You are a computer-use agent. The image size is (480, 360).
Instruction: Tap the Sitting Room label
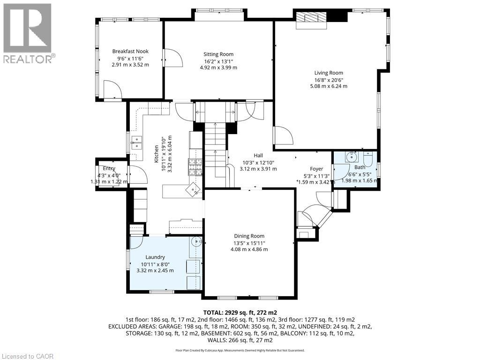pos(218,54)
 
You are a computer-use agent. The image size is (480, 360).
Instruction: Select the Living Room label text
pos(329,73)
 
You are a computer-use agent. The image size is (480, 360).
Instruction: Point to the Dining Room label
pos(249,236)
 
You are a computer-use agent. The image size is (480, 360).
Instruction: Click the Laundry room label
pos(155,257)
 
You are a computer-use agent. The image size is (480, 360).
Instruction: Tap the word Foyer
pos(316,169)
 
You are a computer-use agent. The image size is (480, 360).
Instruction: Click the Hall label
pos(258,156)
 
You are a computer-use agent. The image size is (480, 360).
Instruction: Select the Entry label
pos(109,169)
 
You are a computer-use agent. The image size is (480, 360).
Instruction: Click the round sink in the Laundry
pos(196,242)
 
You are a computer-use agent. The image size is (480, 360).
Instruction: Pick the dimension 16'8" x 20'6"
pos(329,80)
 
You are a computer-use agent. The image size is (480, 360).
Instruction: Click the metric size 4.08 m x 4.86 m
pos(249,249)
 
